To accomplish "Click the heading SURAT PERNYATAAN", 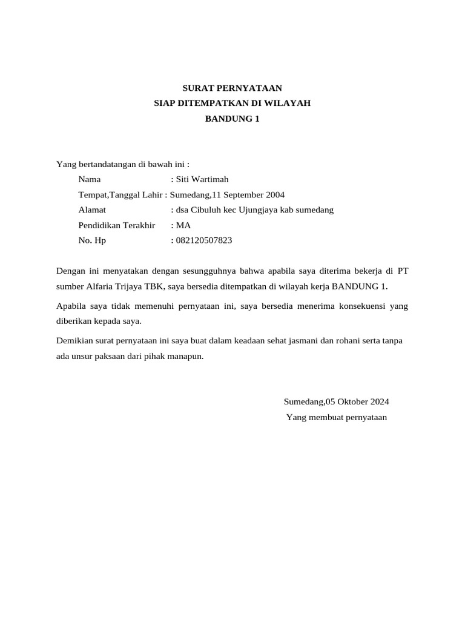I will [x=232, y=88].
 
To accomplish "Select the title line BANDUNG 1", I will [x=232, y=119].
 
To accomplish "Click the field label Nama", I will [x=90, y=179].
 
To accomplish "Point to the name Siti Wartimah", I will [x=202, y=179].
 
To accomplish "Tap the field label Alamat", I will [x=92, y=210].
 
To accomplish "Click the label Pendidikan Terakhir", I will [x=117, y=225].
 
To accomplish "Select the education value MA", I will [x=183, y=225].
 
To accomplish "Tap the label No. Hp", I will [x=92, y=240].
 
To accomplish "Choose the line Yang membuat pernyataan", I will [x=337, y=417].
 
